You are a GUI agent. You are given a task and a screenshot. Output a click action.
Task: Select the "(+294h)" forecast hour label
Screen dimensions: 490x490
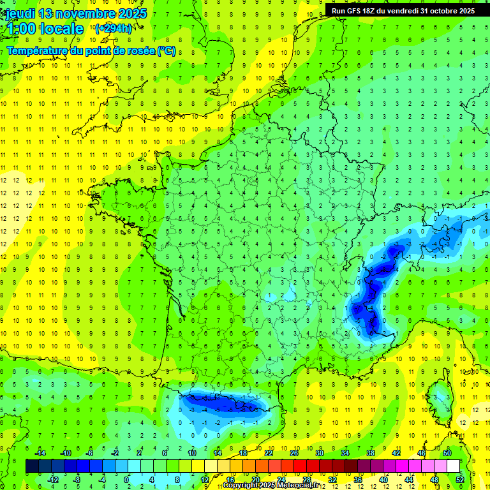(114, 29)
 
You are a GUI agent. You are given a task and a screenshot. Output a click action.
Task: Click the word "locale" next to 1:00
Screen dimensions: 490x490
(60, 29)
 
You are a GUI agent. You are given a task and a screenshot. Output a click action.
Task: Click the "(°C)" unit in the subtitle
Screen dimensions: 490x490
(166, 50)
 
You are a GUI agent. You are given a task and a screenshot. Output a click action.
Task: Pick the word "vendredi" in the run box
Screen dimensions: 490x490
(406, 11)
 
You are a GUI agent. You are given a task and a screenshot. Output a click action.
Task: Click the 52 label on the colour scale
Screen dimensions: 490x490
(460, 480)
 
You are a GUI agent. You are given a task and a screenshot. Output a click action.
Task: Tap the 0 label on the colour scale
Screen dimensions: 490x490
(126, 480)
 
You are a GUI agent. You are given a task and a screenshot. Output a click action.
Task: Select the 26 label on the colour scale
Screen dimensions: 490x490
(294, 453)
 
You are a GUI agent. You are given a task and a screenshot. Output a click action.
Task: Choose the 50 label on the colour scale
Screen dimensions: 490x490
(447, 453)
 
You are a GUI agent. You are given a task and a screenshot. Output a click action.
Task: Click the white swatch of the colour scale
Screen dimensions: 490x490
(453, 466)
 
